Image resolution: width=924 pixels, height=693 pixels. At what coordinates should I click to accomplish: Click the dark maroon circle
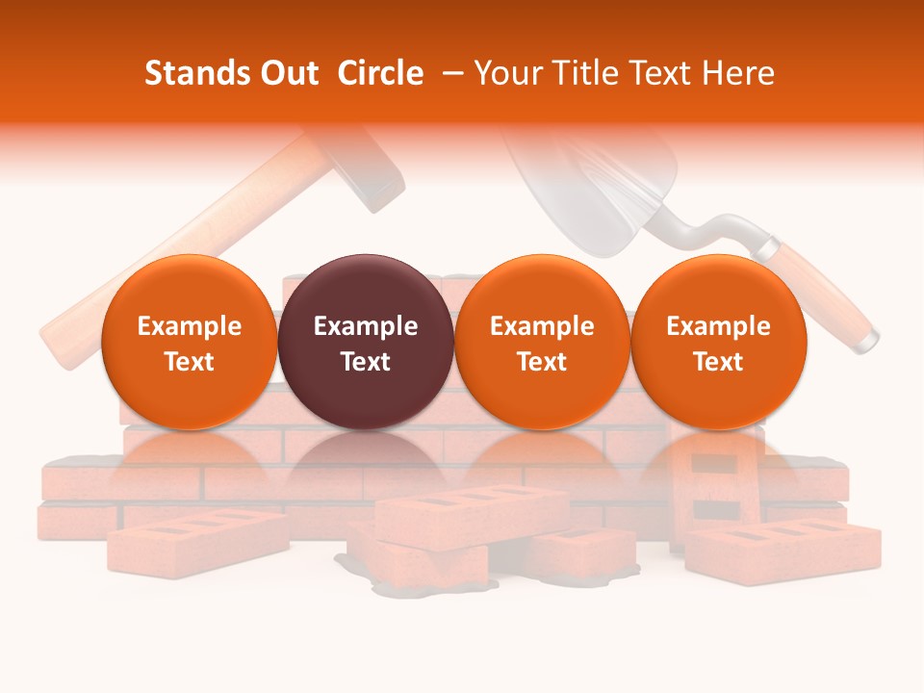(366, 342)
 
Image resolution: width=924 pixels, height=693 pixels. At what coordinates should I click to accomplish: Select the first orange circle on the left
(189, 342)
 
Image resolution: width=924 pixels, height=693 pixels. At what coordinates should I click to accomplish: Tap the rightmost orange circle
(718, 342)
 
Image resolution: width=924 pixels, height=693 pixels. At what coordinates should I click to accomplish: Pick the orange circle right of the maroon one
(542, 342)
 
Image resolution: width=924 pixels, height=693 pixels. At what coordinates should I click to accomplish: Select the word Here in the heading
(740, 73)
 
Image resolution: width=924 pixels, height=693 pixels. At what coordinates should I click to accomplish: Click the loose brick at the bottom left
(197, 540)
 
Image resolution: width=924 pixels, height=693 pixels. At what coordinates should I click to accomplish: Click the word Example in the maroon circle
(366, 326)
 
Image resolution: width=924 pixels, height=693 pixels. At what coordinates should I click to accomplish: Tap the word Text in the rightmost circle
(718, 362)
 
